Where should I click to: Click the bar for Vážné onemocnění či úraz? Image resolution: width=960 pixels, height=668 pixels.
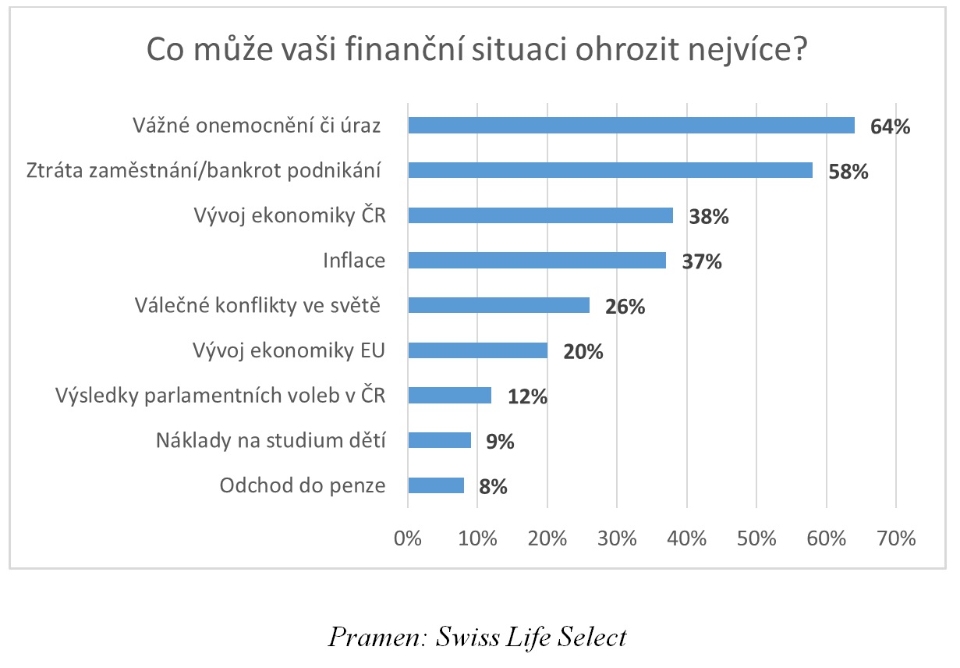[x=631, y=126]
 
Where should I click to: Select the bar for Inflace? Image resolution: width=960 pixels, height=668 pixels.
[x=537, y=261]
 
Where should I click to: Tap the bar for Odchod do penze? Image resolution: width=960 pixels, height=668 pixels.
[x=436, y=485]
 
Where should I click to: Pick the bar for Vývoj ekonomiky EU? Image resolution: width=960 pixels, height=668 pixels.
[x=477, y=350]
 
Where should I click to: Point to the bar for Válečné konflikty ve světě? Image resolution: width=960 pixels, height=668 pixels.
[x=498, y=305]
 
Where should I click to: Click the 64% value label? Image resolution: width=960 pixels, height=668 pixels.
[x=891, y=127]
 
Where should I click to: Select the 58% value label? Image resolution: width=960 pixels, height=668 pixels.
[x=848, y=172]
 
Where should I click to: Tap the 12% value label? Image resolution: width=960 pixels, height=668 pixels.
[x=527, y=396]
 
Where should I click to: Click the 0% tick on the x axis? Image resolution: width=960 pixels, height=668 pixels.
[x=408, y=538]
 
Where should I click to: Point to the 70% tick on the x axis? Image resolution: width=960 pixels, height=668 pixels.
[x=895, y=538]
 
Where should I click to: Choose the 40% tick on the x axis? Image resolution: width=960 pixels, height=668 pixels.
[x=686, y=538]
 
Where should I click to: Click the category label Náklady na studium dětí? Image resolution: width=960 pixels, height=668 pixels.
[x=271, y=441]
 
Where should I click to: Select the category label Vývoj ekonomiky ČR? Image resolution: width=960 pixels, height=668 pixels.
[x=289, y=216]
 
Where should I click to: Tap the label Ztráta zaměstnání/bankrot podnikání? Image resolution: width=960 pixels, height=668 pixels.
[x=203, y=171]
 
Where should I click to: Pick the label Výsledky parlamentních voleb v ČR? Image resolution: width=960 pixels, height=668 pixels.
[x=220, y=396]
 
